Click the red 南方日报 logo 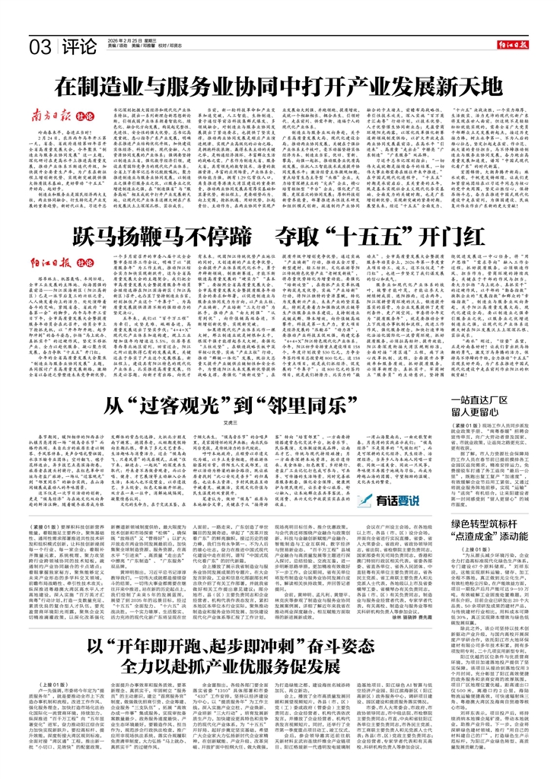[x=48, y=116]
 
